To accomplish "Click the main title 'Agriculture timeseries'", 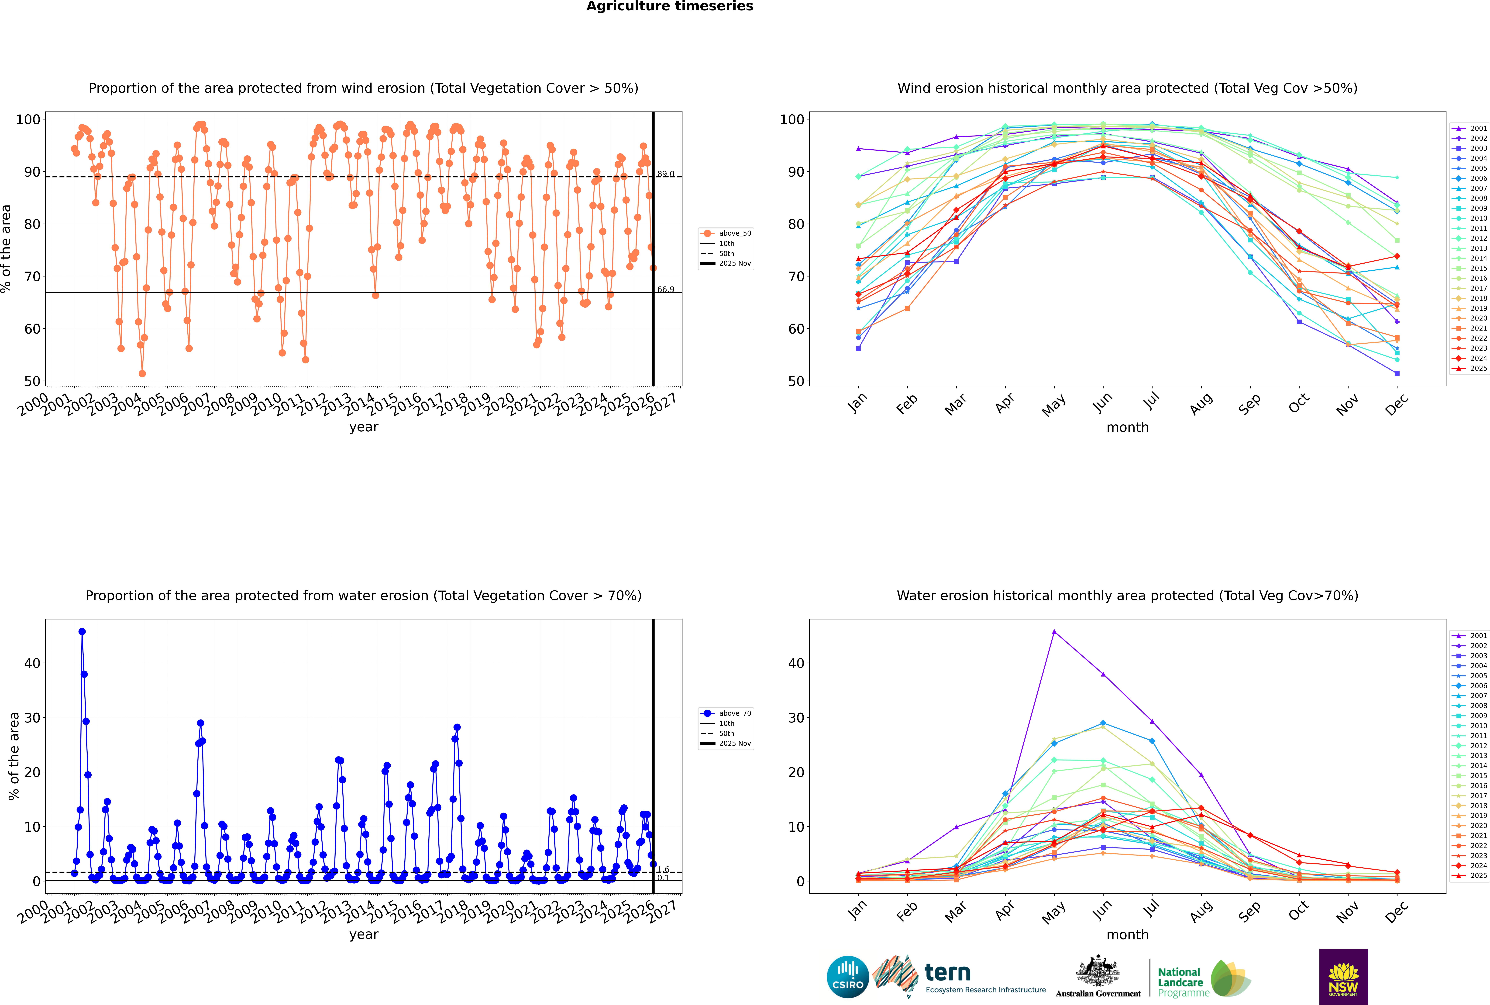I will (669, 6).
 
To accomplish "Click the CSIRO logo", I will (847, 977).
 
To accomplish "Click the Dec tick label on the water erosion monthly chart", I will (1397, 910).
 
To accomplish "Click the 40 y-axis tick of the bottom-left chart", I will (32, 663).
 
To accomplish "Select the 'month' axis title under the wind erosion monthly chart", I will (1127, 428).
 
